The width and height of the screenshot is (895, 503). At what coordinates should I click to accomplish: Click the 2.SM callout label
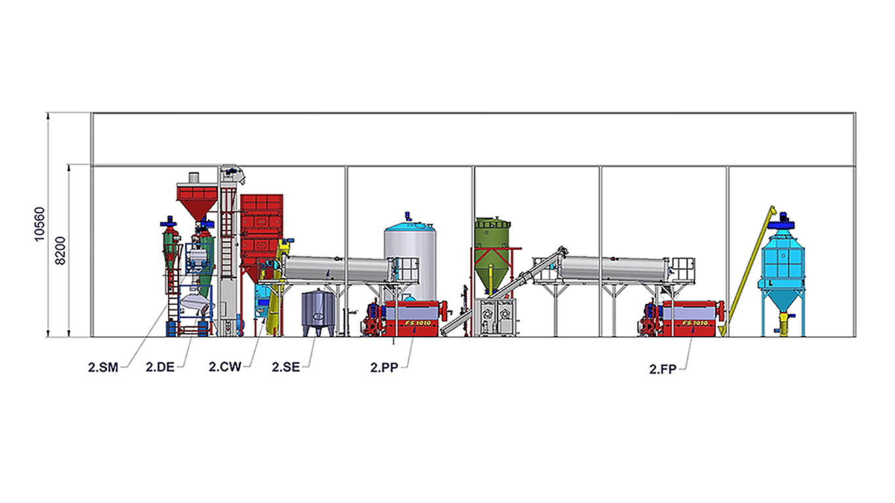click(103, 367)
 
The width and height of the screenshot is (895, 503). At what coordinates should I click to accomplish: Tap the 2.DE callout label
click(161, 367)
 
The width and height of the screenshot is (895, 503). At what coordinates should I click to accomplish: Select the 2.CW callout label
click(225, 367)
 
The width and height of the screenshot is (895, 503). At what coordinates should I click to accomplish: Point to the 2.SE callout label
click(286, 367)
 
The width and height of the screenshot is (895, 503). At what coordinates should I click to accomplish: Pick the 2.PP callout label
click(385, 368)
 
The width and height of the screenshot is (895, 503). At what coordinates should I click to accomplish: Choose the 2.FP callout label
click(663, 369)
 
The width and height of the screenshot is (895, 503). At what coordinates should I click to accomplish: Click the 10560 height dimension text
click(40, 224)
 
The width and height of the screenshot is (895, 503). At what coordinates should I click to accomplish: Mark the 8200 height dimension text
click(60, 250)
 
